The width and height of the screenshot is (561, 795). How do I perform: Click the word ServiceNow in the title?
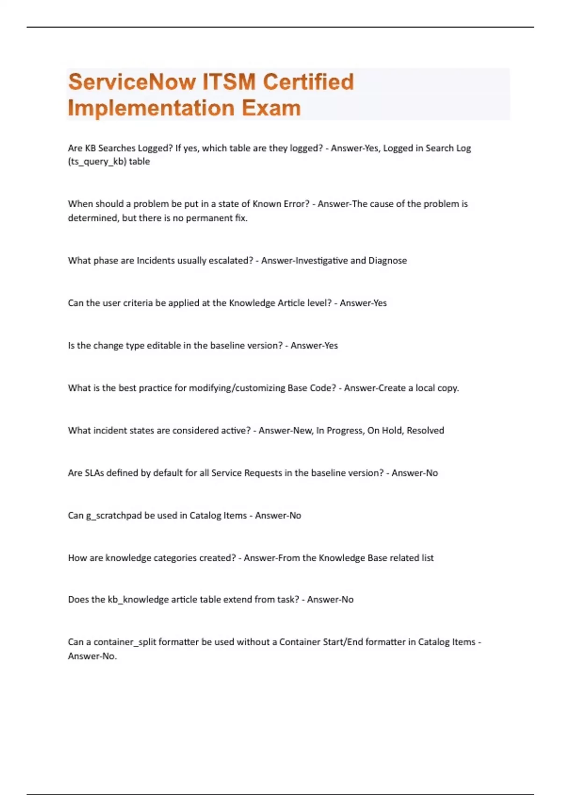(132, 82)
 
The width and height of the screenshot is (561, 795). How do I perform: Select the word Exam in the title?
(272, 108)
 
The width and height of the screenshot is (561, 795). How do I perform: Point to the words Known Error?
(281, 204)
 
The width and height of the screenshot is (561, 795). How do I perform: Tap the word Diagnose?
(388, 260)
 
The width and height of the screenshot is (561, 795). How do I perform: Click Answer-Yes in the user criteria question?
(363, 303)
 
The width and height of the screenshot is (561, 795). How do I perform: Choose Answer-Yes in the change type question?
(314, 346)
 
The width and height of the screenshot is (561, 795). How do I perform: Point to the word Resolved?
(425, 431)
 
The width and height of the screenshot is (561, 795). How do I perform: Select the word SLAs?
(94, 473)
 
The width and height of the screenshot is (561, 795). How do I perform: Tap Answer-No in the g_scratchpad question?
(278, 516)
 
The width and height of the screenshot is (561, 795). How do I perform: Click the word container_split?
(125, 642)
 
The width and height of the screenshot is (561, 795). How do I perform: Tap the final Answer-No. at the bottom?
(93, 656)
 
